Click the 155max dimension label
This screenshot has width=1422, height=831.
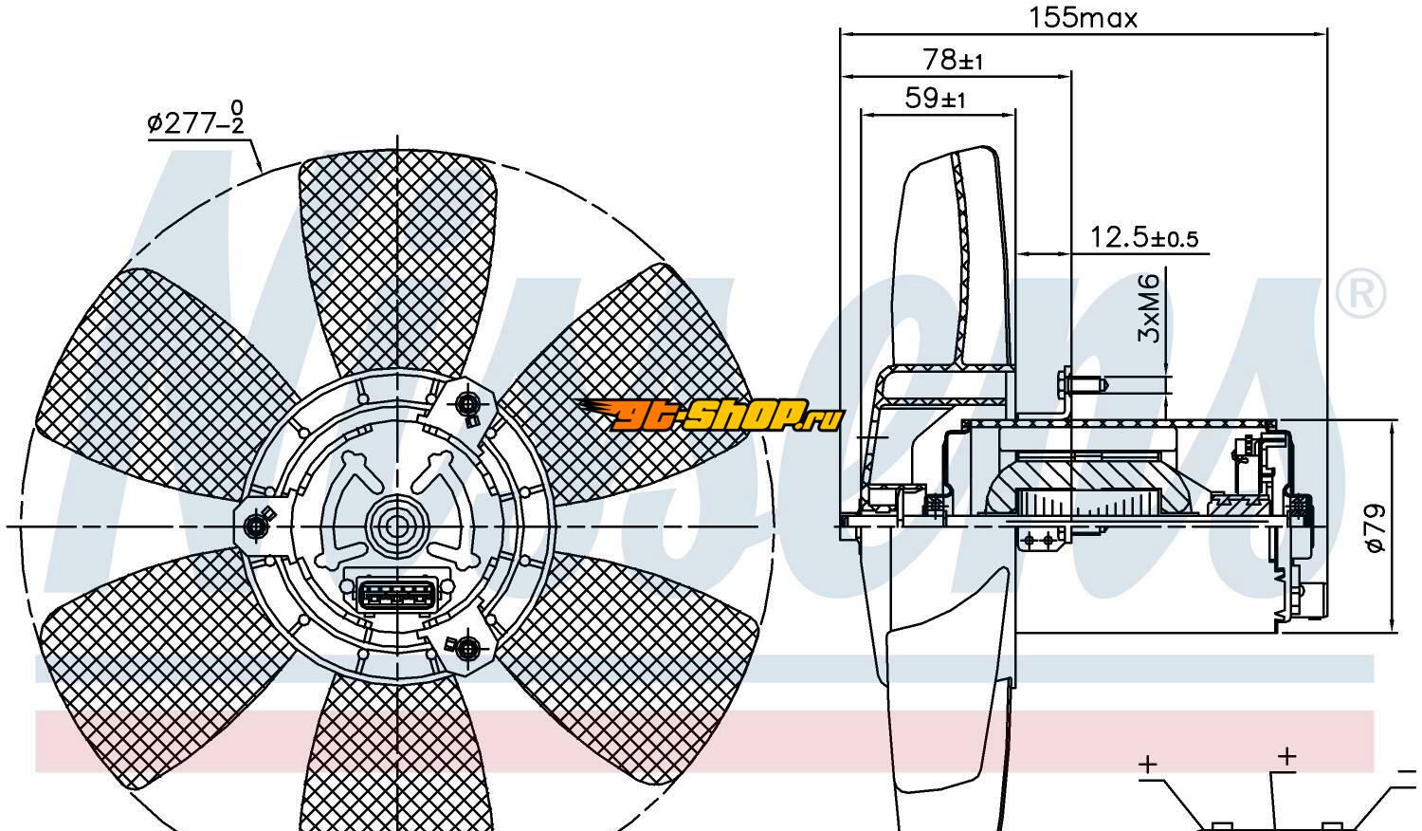pos(1082,17)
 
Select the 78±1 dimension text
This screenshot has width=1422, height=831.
pos(953,60)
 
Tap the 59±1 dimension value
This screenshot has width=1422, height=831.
pos(935,98)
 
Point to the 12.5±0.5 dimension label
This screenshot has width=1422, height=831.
pos(1143,236)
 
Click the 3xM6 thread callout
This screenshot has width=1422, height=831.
pos(1148,308)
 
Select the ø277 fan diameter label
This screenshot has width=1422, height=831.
pos(195,123)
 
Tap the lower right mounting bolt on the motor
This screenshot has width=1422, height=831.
pos(467,649)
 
